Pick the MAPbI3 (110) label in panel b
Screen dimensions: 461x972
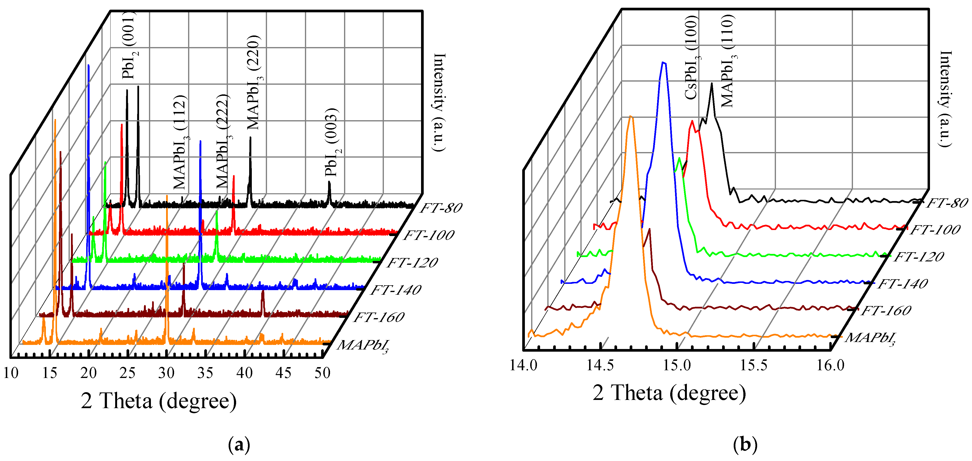click(728, 61)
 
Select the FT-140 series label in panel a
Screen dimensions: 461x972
click(396, 290)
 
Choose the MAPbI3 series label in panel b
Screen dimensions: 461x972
click(870, 338)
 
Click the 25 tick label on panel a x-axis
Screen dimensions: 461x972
click(127, 373)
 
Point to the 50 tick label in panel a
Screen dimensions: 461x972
click(323, 373)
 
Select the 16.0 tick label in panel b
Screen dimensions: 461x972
click(831, 365)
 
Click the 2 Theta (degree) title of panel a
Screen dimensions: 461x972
click(159, 401)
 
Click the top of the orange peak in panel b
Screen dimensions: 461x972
click(631, 117)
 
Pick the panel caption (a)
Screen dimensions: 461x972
click(239, 445)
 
